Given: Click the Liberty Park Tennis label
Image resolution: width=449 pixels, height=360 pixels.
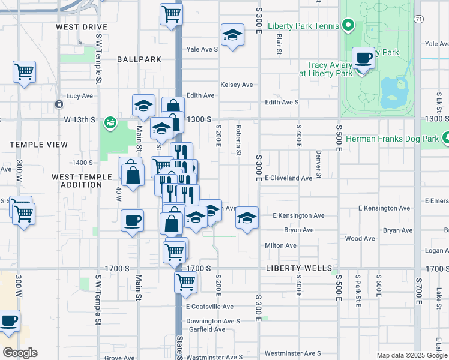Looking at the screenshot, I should tap(303, 26).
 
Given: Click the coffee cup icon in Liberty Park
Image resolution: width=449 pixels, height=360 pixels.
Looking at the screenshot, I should tap(363, 59).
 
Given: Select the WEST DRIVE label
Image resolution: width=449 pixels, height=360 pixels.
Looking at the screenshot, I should tap(82, 27).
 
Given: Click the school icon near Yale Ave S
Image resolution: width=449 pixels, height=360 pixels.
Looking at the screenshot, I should tap(232, 36).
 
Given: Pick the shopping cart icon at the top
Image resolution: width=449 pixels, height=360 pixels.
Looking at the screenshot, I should tap(172, 14).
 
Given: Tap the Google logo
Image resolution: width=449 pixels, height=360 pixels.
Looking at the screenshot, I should tap(19, 353).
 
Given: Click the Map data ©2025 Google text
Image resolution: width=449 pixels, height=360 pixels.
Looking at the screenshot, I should tap(412, 355).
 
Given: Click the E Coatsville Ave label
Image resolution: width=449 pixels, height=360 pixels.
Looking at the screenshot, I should tap(209, 307).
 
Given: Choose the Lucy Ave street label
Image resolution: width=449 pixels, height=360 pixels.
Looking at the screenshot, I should tap(80, 95).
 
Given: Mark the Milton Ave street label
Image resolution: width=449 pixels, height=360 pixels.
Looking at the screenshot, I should tap(281, 245).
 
